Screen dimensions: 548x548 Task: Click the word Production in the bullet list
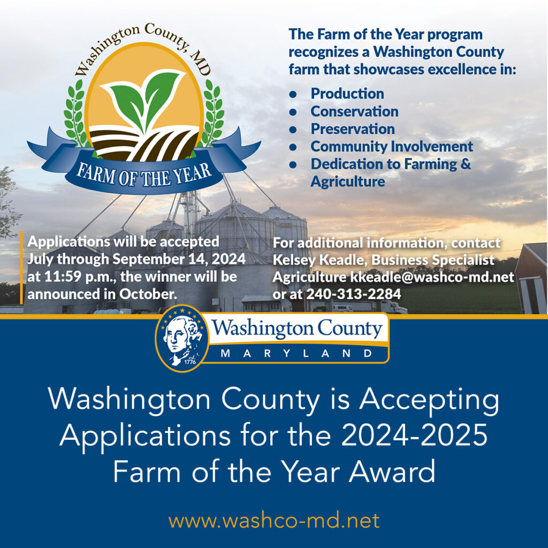coord(347,94)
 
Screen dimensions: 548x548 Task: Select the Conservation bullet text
coord(354,111)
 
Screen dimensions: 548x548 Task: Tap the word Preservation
coord(353,129)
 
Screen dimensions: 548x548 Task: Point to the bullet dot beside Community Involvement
coord(293,147)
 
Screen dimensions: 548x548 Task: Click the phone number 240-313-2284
coord(354,294)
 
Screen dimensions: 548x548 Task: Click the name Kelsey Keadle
coord(319,260)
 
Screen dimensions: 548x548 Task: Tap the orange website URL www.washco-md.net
coord(274,521)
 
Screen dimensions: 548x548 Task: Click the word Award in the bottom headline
coord(392,471)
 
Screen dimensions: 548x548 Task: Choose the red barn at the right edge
coord(531,278)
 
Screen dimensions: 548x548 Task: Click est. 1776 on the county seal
coord(191,360)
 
